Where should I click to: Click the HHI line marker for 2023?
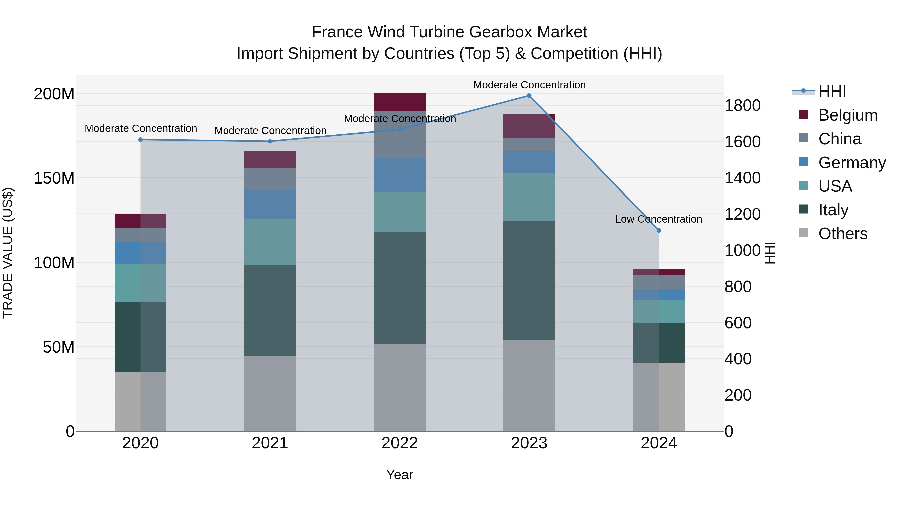coord(529,96)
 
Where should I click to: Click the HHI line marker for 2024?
coord(659,230)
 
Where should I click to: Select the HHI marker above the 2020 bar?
coord(140,140)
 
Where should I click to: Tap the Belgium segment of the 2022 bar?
coord(400,102)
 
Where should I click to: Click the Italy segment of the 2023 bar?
coord(529,280)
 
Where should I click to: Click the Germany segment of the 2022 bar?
coord(400,175)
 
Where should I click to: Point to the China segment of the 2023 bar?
coord(529,144)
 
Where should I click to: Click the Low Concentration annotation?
coord(658,219)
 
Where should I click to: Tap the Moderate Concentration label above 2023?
coord(529,85)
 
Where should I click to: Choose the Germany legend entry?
coord(852,163)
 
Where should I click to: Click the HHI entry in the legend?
coord(832,91)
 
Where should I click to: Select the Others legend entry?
coord(843,234)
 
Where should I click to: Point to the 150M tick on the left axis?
coord(54,178)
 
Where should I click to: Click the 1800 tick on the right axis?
coord(742,105)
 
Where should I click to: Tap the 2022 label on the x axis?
coord(400,443)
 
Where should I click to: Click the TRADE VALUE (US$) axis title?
coord(8,253)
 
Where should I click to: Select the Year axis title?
coord(400,475)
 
